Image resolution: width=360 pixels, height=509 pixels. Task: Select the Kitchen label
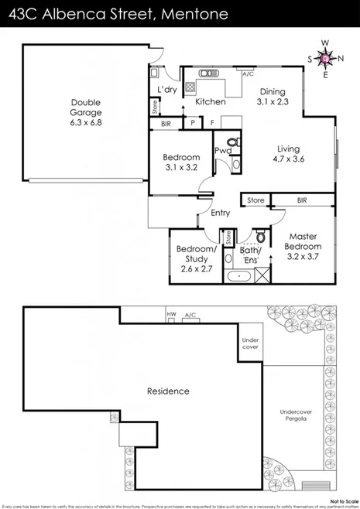(210, 102)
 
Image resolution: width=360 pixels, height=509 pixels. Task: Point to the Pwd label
(222, 151)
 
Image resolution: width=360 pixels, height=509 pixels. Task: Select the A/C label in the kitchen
(248, 74)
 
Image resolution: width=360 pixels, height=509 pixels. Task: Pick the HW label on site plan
(171, 314)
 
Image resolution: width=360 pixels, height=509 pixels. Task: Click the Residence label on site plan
(168, 391)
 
